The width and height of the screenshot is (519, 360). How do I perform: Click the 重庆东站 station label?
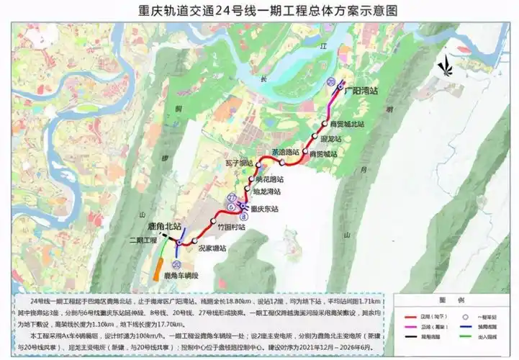click(262, 210)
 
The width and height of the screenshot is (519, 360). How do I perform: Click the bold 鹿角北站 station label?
click(163, 225)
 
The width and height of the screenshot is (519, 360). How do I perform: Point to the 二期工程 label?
click(143, 240)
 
